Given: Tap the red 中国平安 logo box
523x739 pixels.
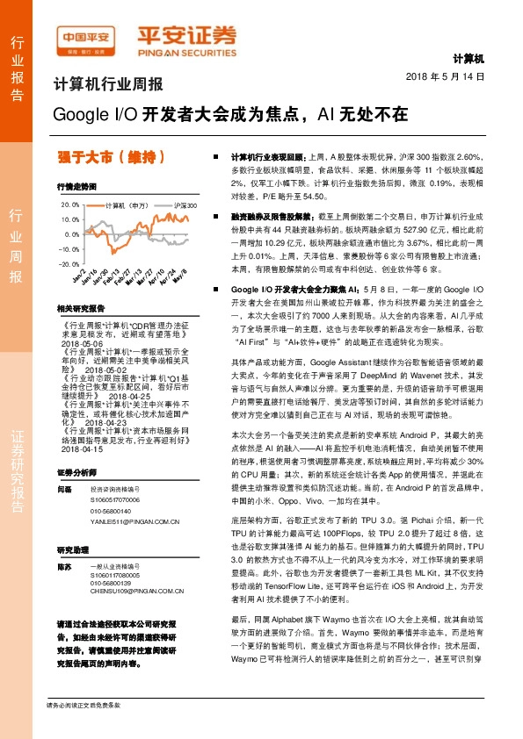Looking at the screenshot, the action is pos(88,36).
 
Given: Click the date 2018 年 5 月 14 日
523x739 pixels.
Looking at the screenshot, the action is pos(446,77).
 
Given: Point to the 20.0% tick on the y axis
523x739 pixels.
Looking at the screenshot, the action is pos(69,204).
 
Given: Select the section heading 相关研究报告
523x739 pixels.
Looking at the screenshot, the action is pos(81,309).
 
